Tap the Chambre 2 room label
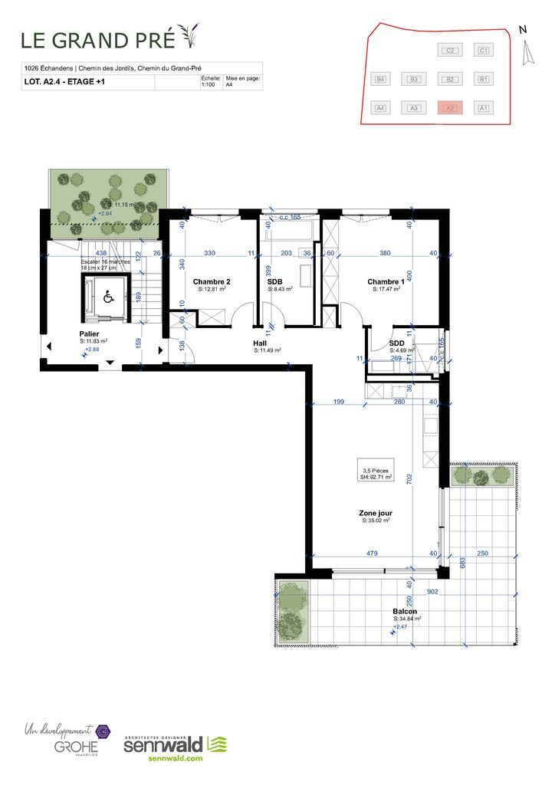[212, 281]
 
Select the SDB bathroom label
[275, 281]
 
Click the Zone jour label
[376, 513]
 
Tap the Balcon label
[406, 611]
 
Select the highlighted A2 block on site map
[451, 108]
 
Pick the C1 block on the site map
[483, 51]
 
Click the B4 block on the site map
[379, 79]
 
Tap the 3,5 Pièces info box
[376, 471]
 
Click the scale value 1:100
[209, 86]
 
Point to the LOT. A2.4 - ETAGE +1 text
[66, 84]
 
